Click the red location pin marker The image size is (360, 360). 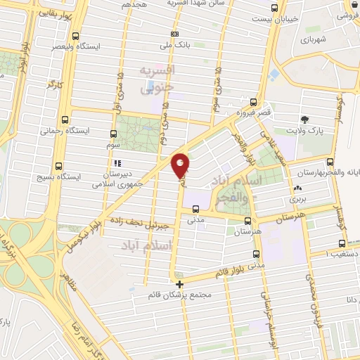pyautogui.click(x=181, y=164)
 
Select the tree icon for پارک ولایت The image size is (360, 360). pyautogui.click(x=304, y=120)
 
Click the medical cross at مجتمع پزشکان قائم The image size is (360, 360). pyautogui.click(x=181, y=285)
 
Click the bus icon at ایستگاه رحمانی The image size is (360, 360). pyautogui.click(x=65, y=120)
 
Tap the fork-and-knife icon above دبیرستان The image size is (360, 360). pyautogui.click(x=117, y=164)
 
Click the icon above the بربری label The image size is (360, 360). pyautogui.click(x=299, y=188)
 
